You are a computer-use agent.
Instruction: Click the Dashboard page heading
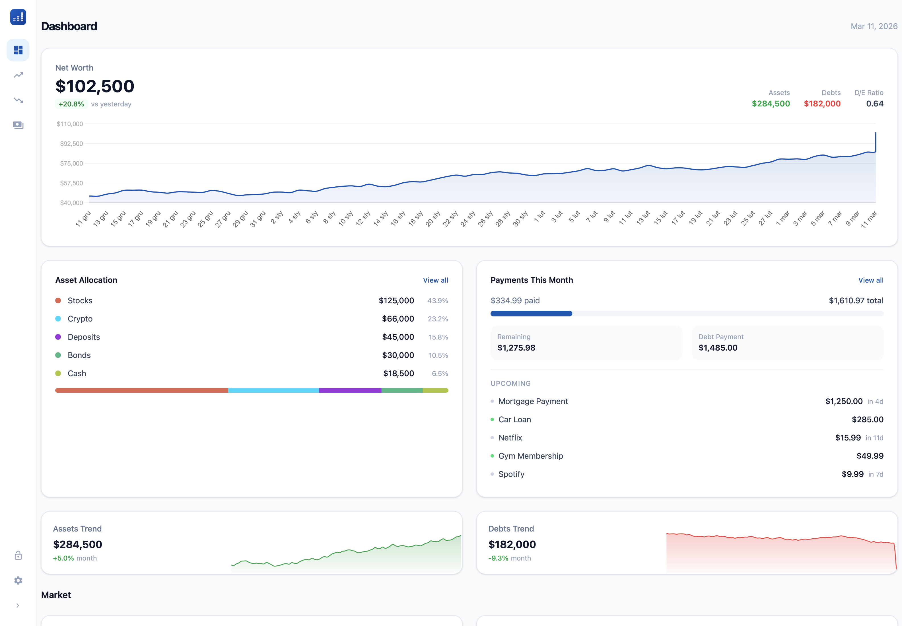point(69,26)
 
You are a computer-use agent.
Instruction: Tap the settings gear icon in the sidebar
point(18,580)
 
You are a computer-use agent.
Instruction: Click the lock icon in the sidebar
point(18,555)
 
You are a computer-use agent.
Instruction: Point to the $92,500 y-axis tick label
point(71,144)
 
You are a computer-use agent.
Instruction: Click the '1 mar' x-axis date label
point(783,218)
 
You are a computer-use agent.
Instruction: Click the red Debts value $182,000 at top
point(822,104)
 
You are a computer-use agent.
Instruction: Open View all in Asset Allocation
point(435,280)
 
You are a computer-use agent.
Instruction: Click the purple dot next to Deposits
point(58,337)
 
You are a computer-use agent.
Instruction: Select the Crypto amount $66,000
point(398,319)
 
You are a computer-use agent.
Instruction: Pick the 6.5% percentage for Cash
point(440,373)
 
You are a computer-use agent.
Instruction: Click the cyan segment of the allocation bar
point(273,390)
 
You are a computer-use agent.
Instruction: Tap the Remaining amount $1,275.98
point(516,348)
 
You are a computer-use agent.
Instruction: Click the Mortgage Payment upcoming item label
point(533,401)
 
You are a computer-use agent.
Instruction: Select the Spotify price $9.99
point(852,474)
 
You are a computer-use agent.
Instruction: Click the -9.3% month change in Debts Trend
point(498,558)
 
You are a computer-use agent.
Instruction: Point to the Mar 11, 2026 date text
point(874,26)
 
